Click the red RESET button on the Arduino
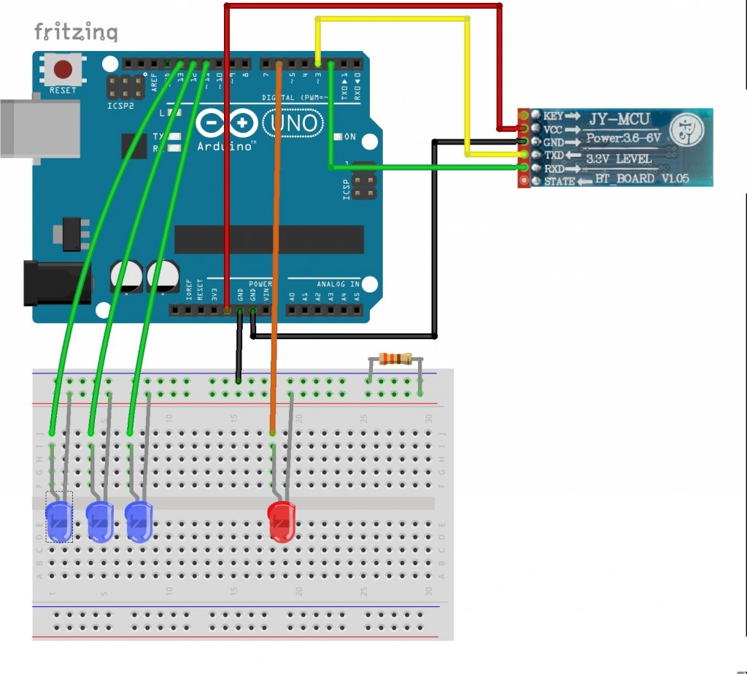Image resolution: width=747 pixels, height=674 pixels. (63, 70)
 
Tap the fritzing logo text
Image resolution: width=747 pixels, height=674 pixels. (76, 32)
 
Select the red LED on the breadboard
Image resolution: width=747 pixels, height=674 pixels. (281, 521)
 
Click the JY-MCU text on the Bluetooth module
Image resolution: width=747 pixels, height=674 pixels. (619, 118)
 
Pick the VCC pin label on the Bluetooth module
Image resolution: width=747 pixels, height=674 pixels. (553, 129)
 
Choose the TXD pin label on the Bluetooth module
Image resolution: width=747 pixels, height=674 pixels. (554, 155)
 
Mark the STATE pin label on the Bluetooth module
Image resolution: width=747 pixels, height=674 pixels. (559, 181)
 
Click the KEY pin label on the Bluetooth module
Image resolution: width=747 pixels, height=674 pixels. (552, 116)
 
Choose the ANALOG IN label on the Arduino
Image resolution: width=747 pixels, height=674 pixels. (338, 284)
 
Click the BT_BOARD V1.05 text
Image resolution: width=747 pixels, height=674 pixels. (642, 179)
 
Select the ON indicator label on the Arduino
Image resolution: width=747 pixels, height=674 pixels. (350, 136)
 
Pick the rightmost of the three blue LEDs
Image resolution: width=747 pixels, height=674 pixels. (138, 521)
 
